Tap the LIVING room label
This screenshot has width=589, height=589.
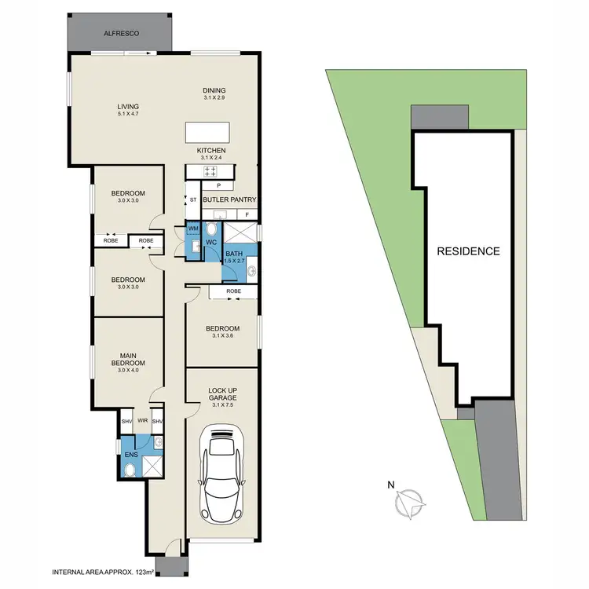pos(128,107)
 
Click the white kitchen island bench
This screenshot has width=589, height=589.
pos(208,131)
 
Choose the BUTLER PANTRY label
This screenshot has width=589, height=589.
pos(230,200)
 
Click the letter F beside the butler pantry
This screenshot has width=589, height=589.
pos(247,214)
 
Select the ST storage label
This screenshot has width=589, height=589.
pos(193,200)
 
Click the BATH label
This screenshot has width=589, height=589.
pos(234,254)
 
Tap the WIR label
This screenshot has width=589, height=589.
pos(143,421)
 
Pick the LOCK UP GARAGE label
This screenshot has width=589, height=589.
pos(222,393)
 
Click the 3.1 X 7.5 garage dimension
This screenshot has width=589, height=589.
pos(222,406)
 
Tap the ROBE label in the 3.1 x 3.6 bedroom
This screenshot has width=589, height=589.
pos(233,291)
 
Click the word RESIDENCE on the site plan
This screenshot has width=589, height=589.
pos(469,251)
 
